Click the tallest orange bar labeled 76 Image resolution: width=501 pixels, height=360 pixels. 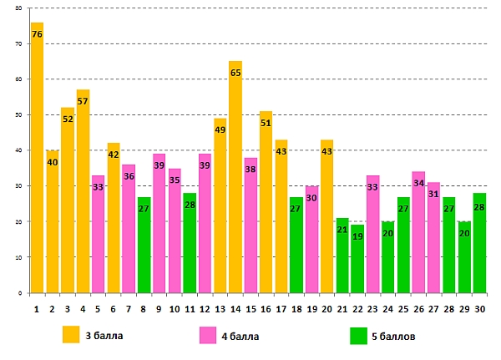coord(37,159)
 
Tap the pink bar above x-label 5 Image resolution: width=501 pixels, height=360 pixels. coord(98,235)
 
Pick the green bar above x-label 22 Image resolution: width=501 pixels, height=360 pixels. coord(357,259)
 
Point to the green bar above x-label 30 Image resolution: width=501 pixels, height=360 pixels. coord(479,243)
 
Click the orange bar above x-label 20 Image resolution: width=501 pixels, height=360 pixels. coord(327,217)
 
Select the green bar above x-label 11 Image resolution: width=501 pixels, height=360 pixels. coord(190,243)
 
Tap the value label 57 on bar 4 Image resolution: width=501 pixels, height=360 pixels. coord(83,101)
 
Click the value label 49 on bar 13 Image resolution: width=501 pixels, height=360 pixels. coord(220,129)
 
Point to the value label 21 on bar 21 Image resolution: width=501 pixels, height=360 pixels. coord(342,230)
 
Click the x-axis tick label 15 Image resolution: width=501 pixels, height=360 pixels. coord(250,309)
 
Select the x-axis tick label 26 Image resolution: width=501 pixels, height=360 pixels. coord(418,309)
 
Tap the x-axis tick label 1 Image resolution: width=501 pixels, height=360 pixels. coord(37,309)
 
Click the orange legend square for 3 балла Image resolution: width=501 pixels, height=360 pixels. coord(71,335)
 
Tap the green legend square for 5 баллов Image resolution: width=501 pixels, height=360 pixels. coord(358,335)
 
